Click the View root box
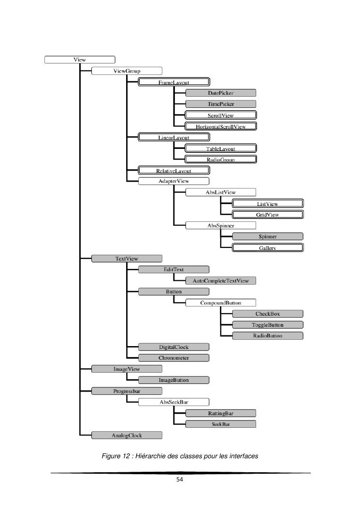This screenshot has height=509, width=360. [x=80, y=60]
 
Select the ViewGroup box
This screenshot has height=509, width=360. [x=127, y=71]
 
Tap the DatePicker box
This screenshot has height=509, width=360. [x=221, y=93]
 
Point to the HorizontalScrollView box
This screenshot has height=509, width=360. [x=221, y=127]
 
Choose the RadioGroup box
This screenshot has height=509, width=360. [x=221, y=159]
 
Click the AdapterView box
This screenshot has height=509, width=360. [x=174, y=181]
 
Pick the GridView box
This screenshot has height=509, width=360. [x=268, y=214]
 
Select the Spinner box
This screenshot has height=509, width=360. [x=268, y=236]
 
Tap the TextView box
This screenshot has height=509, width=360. [x=127, y=259]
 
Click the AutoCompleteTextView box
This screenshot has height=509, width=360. [x=221, y=280]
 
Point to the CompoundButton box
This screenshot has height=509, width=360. [x=221, y=303]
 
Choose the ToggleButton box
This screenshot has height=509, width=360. [x=268, y=324]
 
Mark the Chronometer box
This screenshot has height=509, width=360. [x=174, y=358]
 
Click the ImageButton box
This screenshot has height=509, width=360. [x=174, y=380]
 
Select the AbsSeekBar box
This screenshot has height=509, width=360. [x=174, y=402]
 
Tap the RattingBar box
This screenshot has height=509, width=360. [x=221, y=413]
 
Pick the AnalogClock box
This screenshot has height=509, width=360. [x=127, y=435]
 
